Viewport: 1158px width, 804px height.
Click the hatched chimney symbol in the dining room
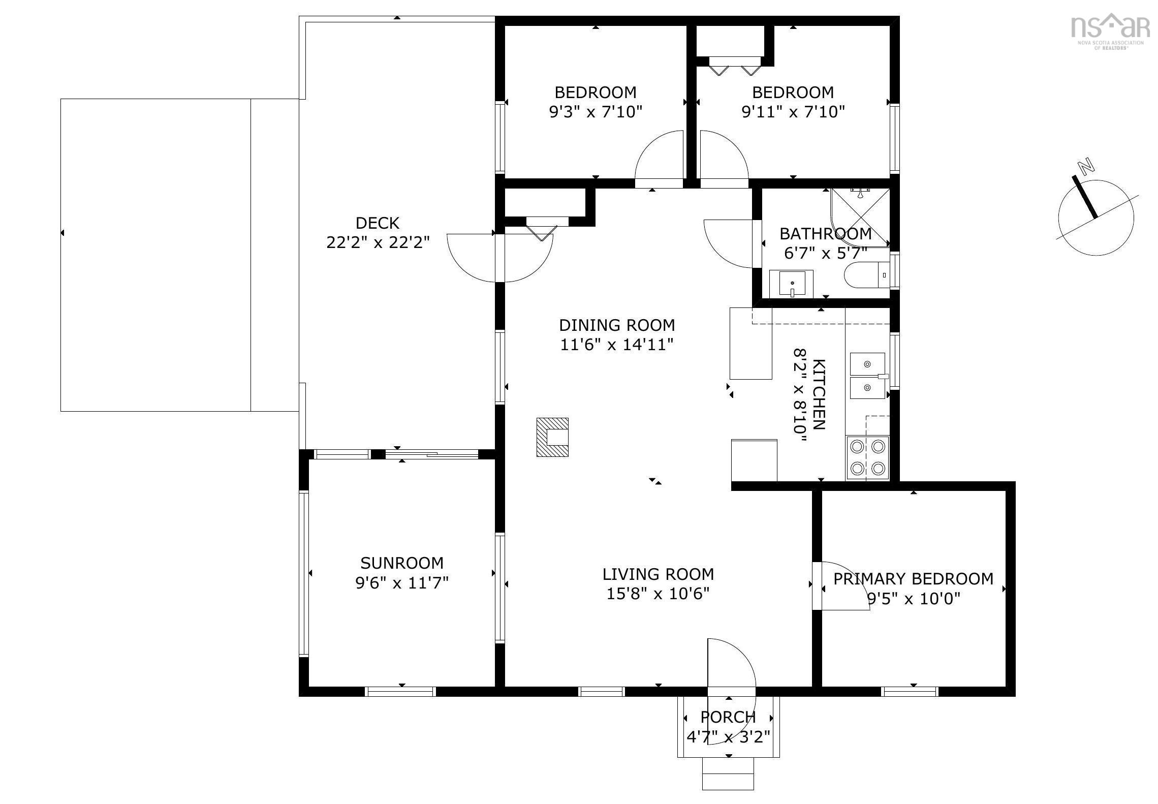(x=552, y=437)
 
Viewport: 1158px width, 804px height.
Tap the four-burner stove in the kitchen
(x=867, y=458)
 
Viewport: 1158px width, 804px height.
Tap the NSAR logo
(x=1110, y=28)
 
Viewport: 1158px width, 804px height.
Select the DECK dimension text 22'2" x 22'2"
(x=378, y=242)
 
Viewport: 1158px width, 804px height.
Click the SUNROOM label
(x=402, y=563)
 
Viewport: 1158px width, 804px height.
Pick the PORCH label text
(x=728, y=717)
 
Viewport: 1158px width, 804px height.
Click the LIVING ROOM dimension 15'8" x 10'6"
(x=658, y=594)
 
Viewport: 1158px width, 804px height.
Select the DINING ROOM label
(x=617, y=325)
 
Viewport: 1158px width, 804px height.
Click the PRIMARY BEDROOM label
(x=913, y=579)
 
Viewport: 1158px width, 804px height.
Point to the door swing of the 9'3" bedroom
(x=661, y=155)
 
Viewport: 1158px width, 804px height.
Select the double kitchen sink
(x=867, y=376)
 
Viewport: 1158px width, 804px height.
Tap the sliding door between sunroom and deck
(x=431, y=454)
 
